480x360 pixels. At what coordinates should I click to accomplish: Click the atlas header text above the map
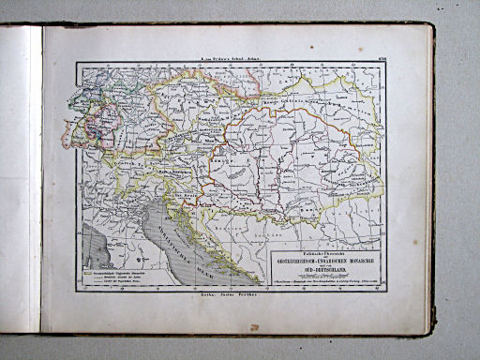pos(230,57)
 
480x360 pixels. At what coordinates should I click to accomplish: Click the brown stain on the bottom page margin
pos(254,327)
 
